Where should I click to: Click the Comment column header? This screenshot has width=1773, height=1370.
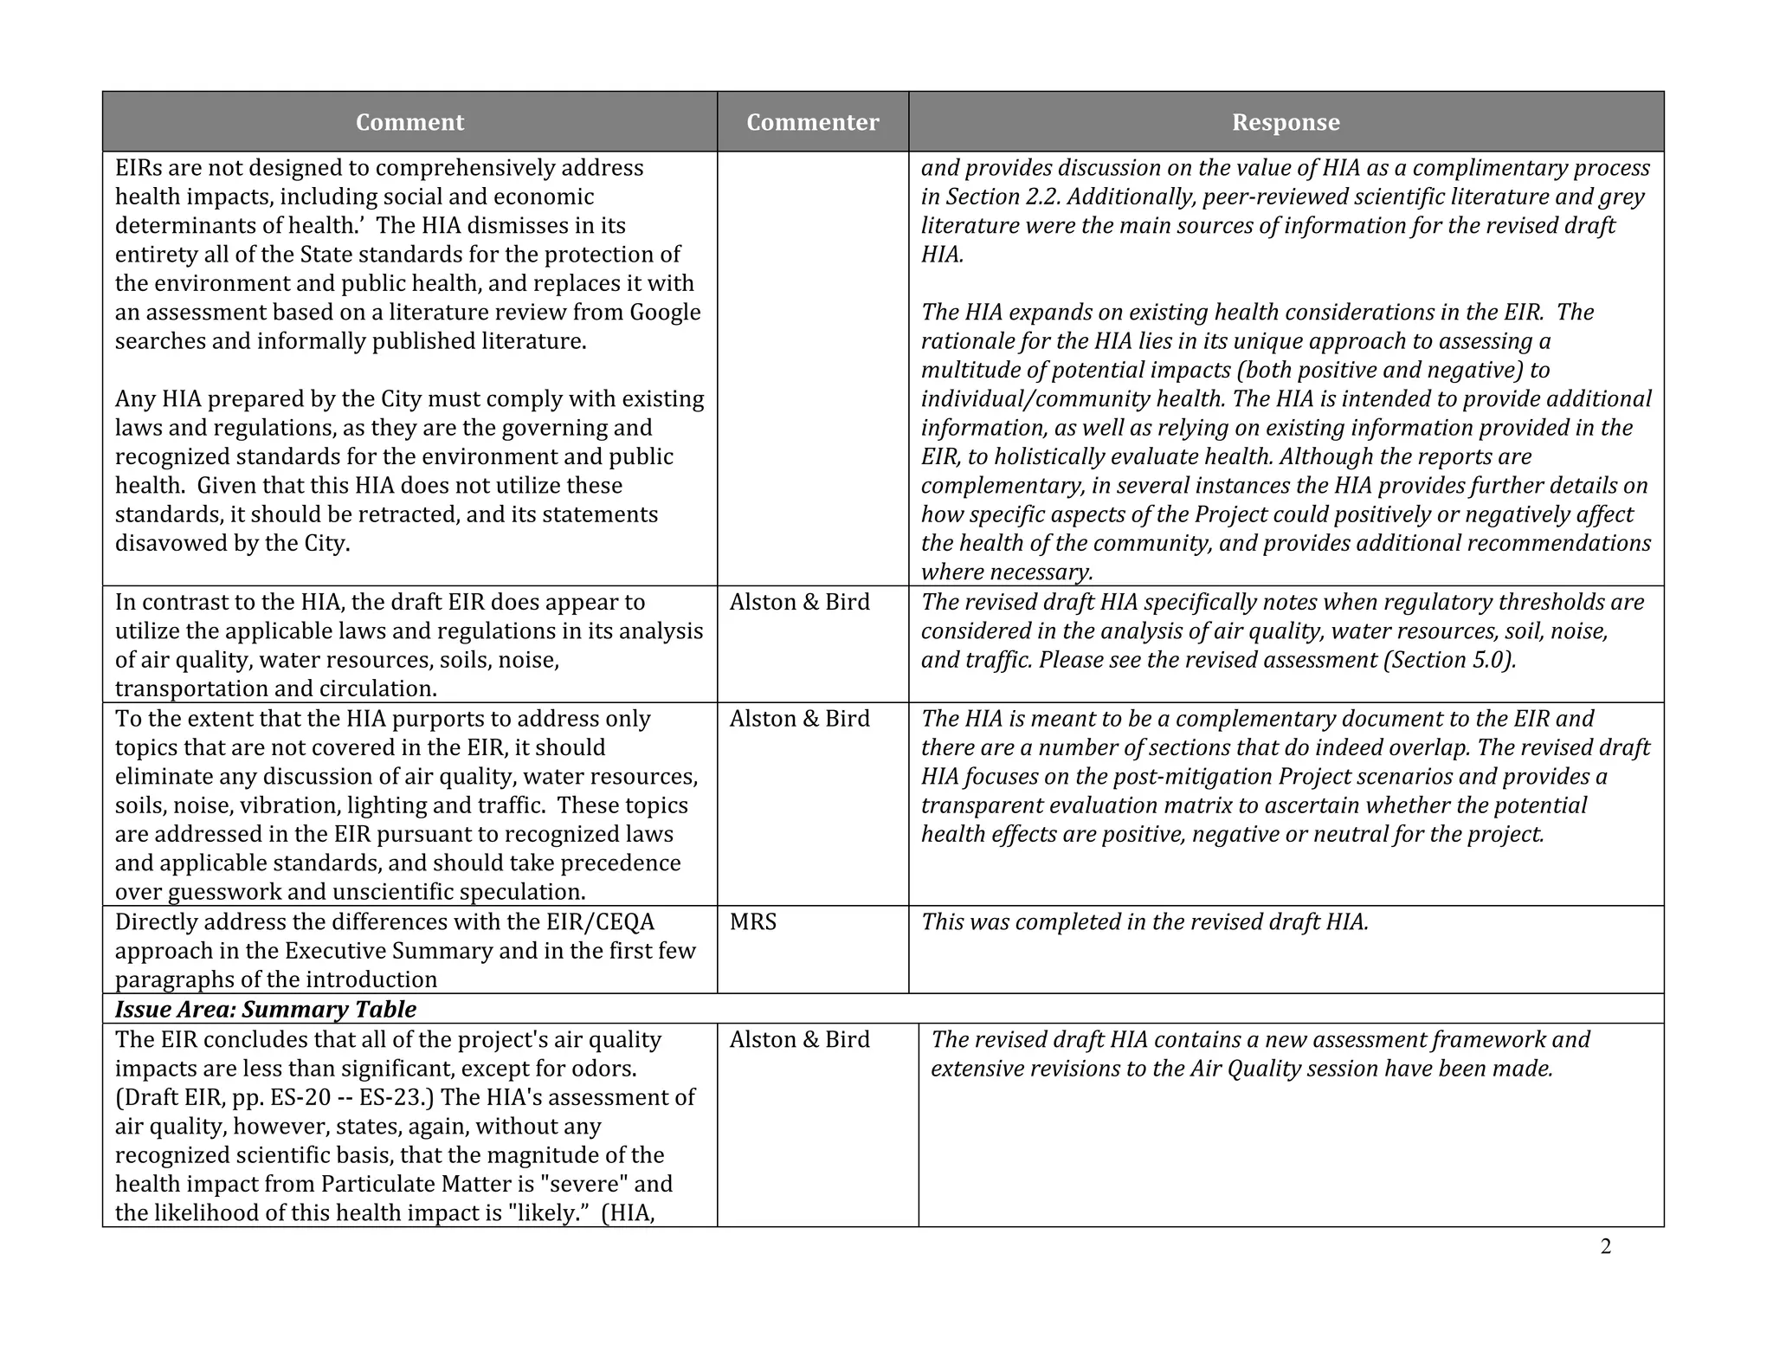(409, 122)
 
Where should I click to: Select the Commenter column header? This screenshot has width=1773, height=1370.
(812, 122)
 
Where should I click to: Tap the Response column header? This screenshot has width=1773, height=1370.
(1286, 122)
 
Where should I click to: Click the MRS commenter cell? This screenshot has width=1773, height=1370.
(753, 922)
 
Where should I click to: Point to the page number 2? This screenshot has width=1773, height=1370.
(1606, 1247)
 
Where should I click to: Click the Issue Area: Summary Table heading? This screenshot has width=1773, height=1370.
(266, 1010)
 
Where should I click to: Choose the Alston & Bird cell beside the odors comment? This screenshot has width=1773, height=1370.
(799, 1040)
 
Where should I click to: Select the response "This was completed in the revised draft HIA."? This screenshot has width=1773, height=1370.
(1144, 922)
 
